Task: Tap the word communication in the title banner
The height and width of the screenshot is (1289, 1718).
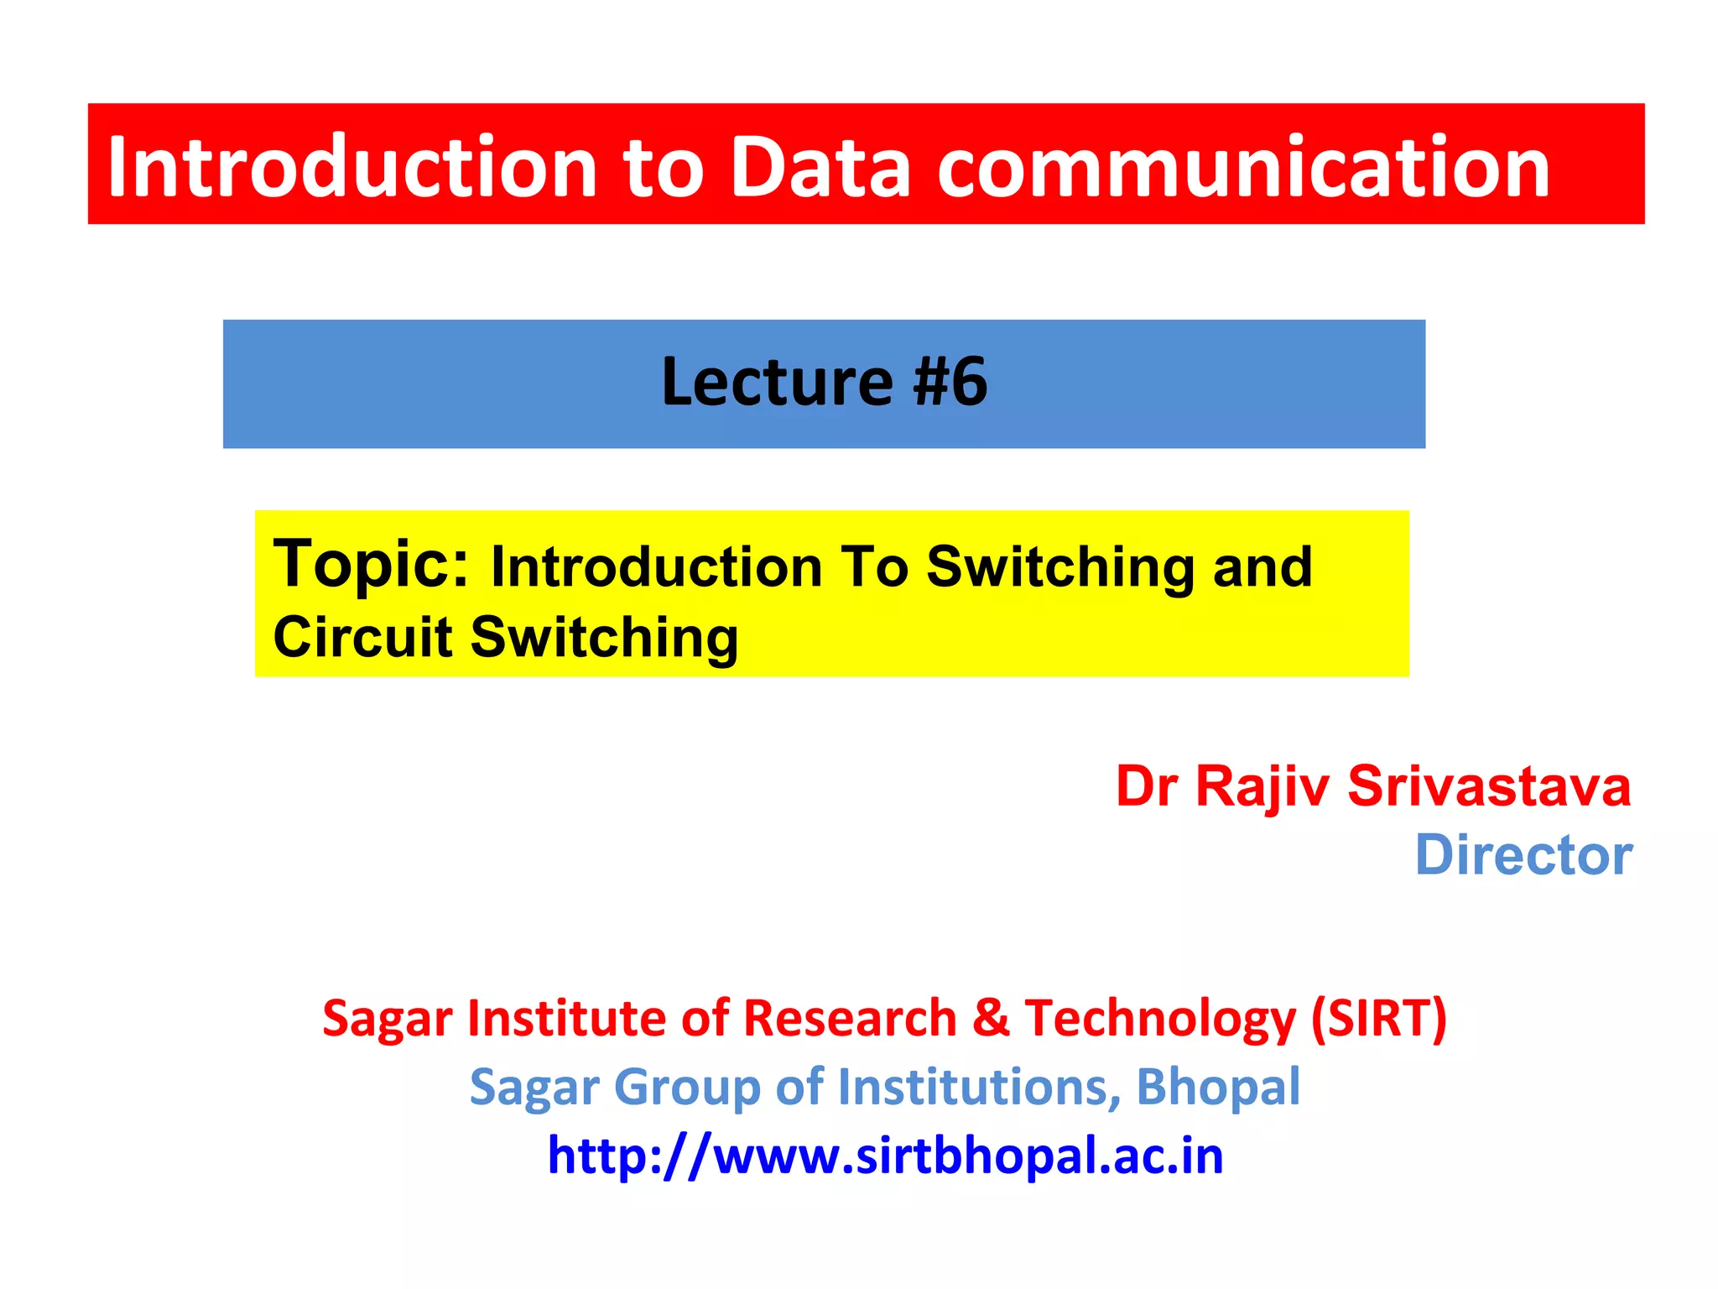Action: coord(1242,168)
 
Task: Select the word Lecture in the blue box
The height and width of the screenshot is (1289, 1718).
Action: coord(777,383)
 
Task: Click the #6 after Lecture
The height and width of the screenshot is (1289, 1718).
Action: coord(950,383)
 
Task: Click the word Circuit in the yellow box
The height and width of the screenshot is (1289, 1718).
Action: coord(362,638)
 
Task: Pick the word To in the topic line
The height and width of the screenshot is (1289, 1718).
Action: coord(875,567)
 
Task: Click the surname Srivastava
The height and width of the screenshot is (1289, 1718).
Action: coord(1489,787)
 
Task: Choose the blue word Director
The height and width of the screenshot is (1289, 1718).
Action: coord(1523,856)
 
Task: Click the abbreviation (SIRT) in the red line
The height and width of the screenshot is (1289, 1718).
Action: coord(1379,1019)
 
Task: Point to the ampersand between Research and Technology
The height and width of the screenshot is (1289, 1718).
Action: coord(991,1019)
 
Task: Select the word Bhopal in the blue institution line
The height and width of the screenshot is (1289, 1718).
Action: coord(1217,1088)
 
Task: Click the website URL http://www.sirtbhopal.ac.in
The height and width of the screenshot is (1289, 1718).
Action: coord(885,1156)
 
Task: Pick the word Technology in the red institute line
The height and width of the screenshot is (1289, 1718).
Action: coord(1160,1020)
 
